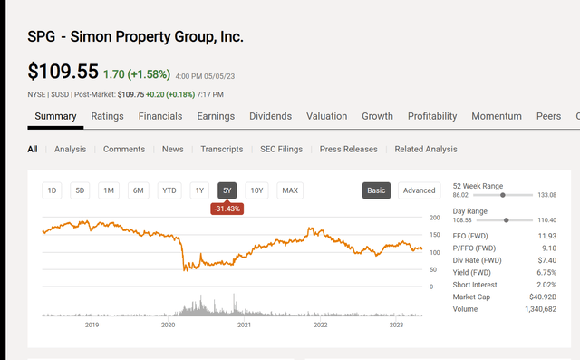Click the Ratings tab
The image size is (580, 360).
coord(107,116)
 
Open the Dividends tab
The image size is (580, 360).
coord(271,116)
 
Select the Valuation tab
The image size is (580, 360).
coord(326,116)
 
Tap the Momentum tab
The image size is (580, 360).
coord(497,116)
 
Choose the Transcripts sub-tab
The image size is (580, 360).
coord(222,149)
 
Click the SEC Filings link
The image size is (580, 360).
coord(281,149)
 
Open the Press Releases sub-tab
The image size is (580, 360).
coord(349,149)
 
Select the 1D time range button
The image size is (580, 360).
coord(52,190)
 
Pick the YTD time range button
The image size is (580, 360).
coord(169,190)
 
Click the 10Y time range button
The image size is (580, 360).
coord(257,190)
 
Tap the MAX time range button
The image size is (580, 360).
coord(290,190)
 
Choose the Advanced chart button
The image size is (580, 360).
coord(419,190)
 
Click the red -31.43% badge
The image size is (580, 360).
coord(227,209)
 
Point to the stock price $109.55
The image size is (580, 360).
coord(63,71)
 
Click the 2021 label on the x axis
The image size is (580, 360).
coord(244,324)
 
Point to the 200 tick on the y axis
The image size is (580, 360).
coord(434,219)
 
